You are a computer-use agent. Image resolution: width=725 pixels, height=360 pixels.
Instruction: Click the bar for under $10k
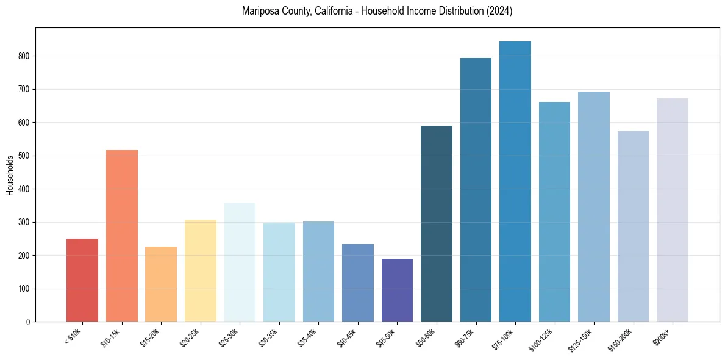[x=82, y=280]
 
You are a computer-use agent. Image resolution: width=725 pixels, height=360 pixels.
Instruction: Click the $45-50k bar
[x=397, y=290]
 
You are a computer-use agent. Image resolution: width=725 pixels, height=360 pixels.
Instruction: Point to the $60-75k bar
[x=476, y=190]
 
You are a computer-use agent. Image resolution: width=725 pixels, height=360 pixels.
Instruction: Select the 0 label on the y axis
[x=28, y=322]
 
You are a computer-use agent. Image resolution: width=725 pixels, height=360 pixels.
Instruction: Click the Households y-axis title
[x=10, y=175]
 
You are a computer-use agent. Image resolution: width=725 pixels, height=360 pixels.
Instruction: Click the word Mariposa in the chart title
[x=258, y=11]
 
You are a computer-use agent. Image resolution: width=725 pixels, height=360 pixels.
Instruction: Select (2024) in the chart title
[x=499, y=11]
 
